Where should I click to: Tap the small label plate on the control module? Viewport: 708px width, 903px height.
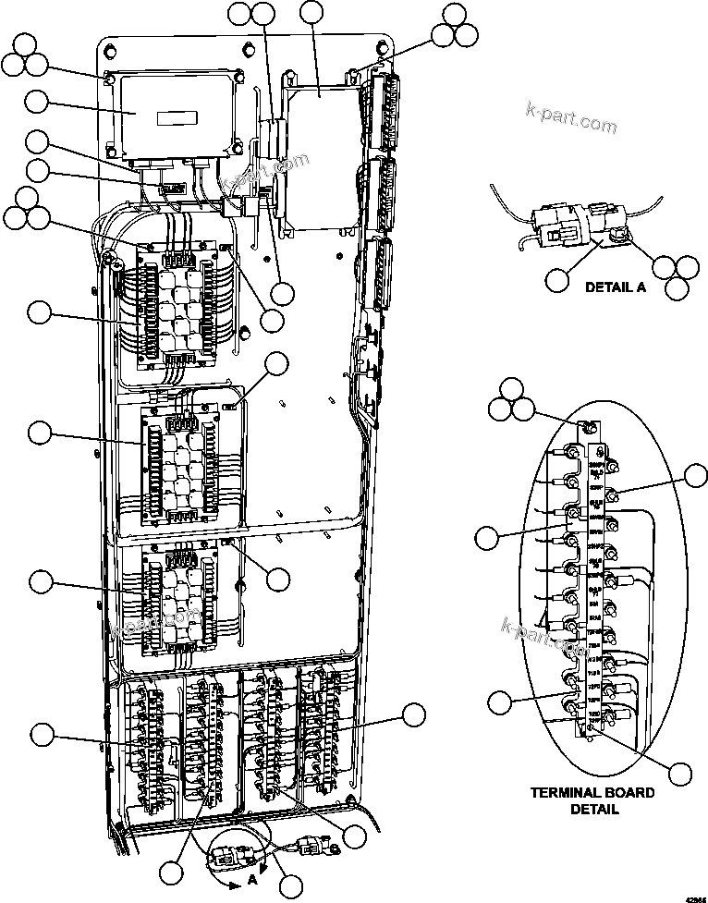pyautogui.click(x=176, y=118)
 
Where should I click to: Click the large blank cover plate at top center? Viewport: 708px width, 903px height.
pyautogui.click(x=319, y=157)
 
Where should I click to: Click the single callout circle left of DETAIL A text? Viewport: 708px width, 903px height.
pyautogui.click(x=556, y=280)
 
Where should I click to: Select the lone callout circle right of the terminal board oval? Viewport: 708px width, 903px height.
pyautogui.click(x=695, y=476)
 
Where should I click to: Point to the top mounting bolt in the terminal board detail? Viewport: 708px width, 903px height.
pyautogui.click(x=584, y=427)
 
